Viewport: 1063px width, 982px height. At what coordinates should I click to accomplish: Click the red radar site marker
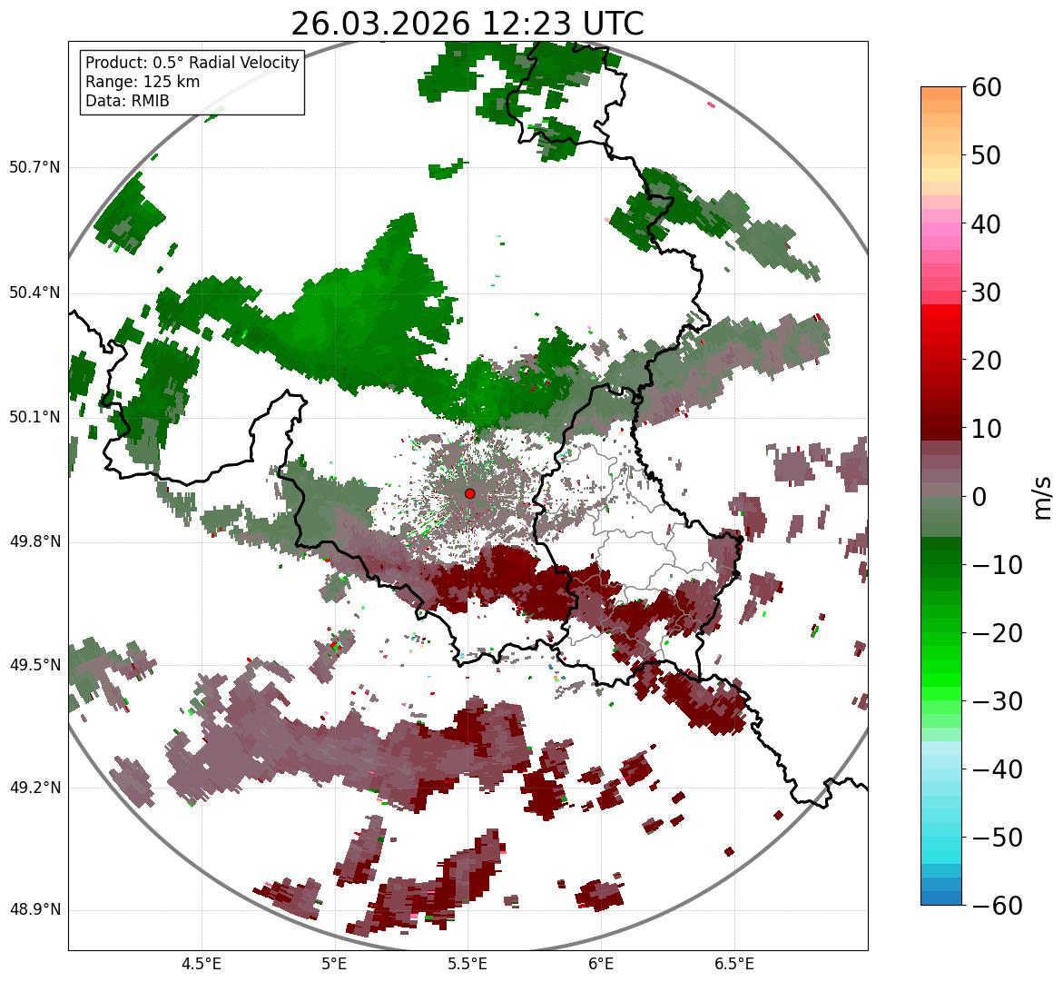(469, 493)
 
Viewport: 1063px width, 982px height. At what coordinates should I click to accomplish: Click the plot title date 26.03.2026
(380, 24)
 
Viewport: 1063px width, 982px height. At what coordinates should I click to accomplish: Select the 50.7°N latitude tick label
(34, 168)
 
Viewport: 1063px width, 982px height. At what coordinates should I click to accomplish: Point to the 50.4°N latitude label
(34, 293)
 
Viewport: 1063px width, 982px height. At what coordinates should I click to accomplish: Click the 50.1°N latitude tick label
(34, 418)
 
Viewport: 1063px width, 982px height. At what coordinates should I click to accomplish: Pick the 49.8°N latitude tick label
(34, 542)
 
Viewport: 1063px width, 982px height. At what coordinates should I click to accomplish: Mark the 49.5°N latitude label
(34, 665)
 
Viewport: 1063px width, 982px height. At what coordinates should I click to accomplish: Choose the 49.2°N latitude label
(34, 788)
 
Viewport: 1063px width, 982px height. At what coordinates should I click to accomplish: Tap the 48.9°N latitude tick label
(34, 910)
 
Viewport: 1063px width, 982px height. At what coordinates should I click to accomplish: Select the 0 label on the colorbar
(979, 497)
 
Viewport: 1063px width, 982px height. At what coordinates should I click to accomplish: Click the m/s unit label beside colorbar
(1042, 497)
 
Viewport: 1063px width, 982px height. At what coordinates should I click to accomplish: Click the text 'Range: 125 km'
(143, 82)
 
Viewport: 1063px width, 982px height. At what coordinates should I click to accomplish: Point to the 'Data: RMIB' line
(127, 101)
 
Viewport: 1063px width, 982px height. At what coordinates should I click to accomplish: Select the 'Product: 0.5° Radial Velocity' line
(192, 63)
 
